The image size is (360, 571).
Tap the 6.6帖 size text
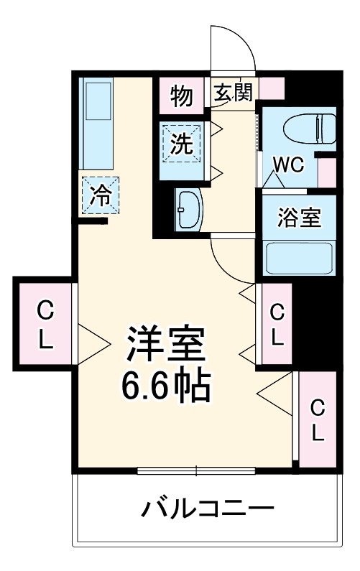pos(167,388)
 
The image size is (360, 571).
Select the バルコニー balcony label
pos(207,511)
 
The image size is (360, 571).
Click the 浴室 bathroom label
pos(299,218)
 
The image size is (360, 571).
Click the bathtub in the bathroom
pos(298,258)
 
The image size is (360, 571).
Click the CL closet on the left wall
pos(45,325)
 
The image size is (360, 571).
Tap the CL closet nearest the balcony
pos(317,419)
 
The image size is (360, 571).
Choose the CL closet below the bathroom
pos(277,325)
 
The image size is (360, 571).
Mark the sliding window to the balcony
pos(195,471)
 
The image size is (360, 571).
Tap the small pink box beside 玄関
pos(272,88)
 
